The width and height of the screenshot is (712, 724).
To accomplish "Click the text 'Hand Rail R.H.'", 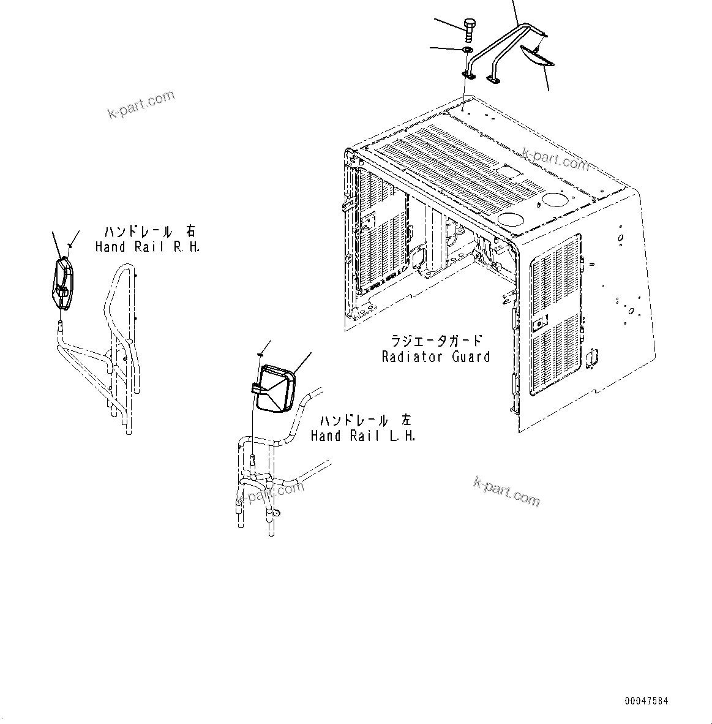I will click(x=148, y=247).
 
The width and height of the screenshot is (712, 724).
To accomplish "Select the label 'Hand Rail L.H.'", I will click(x=363, y=436).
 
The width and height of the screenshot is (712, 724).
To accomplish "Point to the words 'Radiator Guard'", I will click(x=435, y=356).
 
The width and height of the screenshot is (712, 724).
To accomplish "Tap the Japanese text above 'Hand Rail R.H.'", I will click(x=150, y=232).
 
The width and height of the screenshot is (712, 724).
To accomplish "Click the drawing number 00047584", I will click(x=646, y=700).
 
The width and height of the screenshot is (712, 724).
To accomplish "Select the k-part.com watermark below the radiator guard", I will click(x=507, y=492).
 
